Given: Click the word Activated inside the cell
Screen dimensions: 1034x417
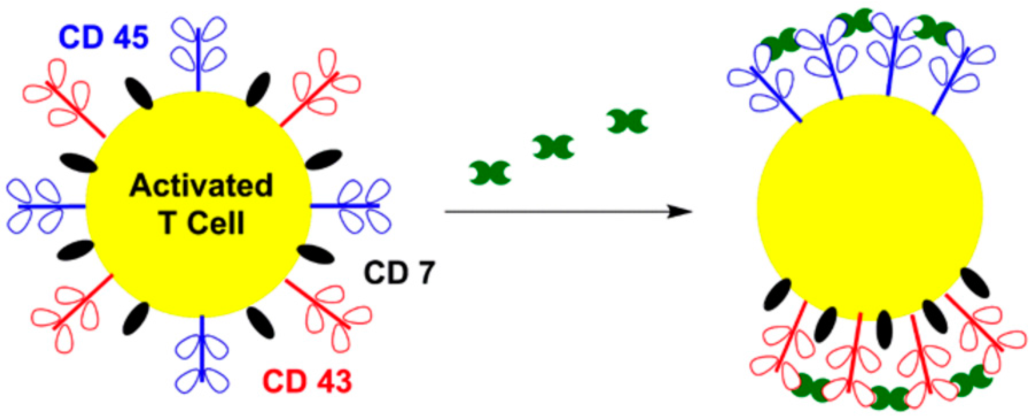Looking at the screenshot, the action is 201,185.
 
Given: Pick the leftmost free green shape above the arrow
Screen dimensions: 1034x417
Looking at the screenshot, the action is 490,173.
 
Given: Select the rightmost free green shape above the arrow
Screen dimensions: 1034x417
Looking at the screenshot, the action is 627,120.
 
